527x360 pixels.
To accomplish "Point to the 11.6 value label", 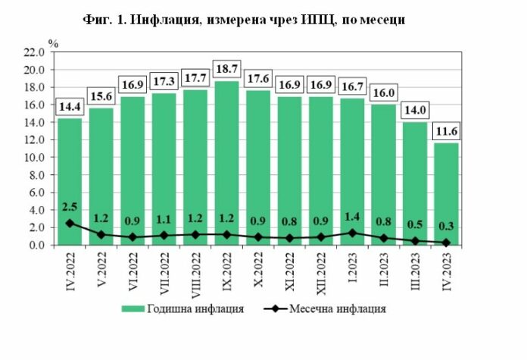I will point(447,132).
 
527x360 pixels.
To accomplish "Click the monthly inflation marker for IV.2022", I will point(70,223).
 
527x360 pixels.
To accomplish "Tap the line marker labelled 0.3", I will point(447,243).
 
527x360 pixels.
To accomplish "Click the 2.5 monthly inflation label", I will point(70,208).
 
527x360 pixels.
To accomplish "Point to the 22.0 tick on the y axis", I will point(34,52).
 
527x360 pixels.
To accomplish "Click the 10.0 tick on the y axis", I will point(34,158).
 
